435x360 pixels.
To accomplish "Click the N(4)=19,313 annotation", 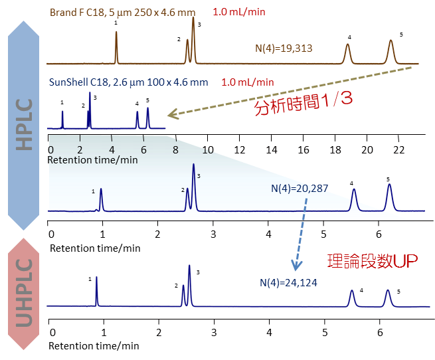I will [x=284, y=48].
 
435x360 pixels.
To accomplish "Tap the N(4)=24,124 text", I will [x=288, y=282].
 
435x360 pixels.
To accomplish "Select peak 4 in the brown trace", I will [x=347, y=52].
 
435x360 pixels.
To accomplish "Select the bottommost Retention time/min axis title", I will [x=94, y=345].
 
